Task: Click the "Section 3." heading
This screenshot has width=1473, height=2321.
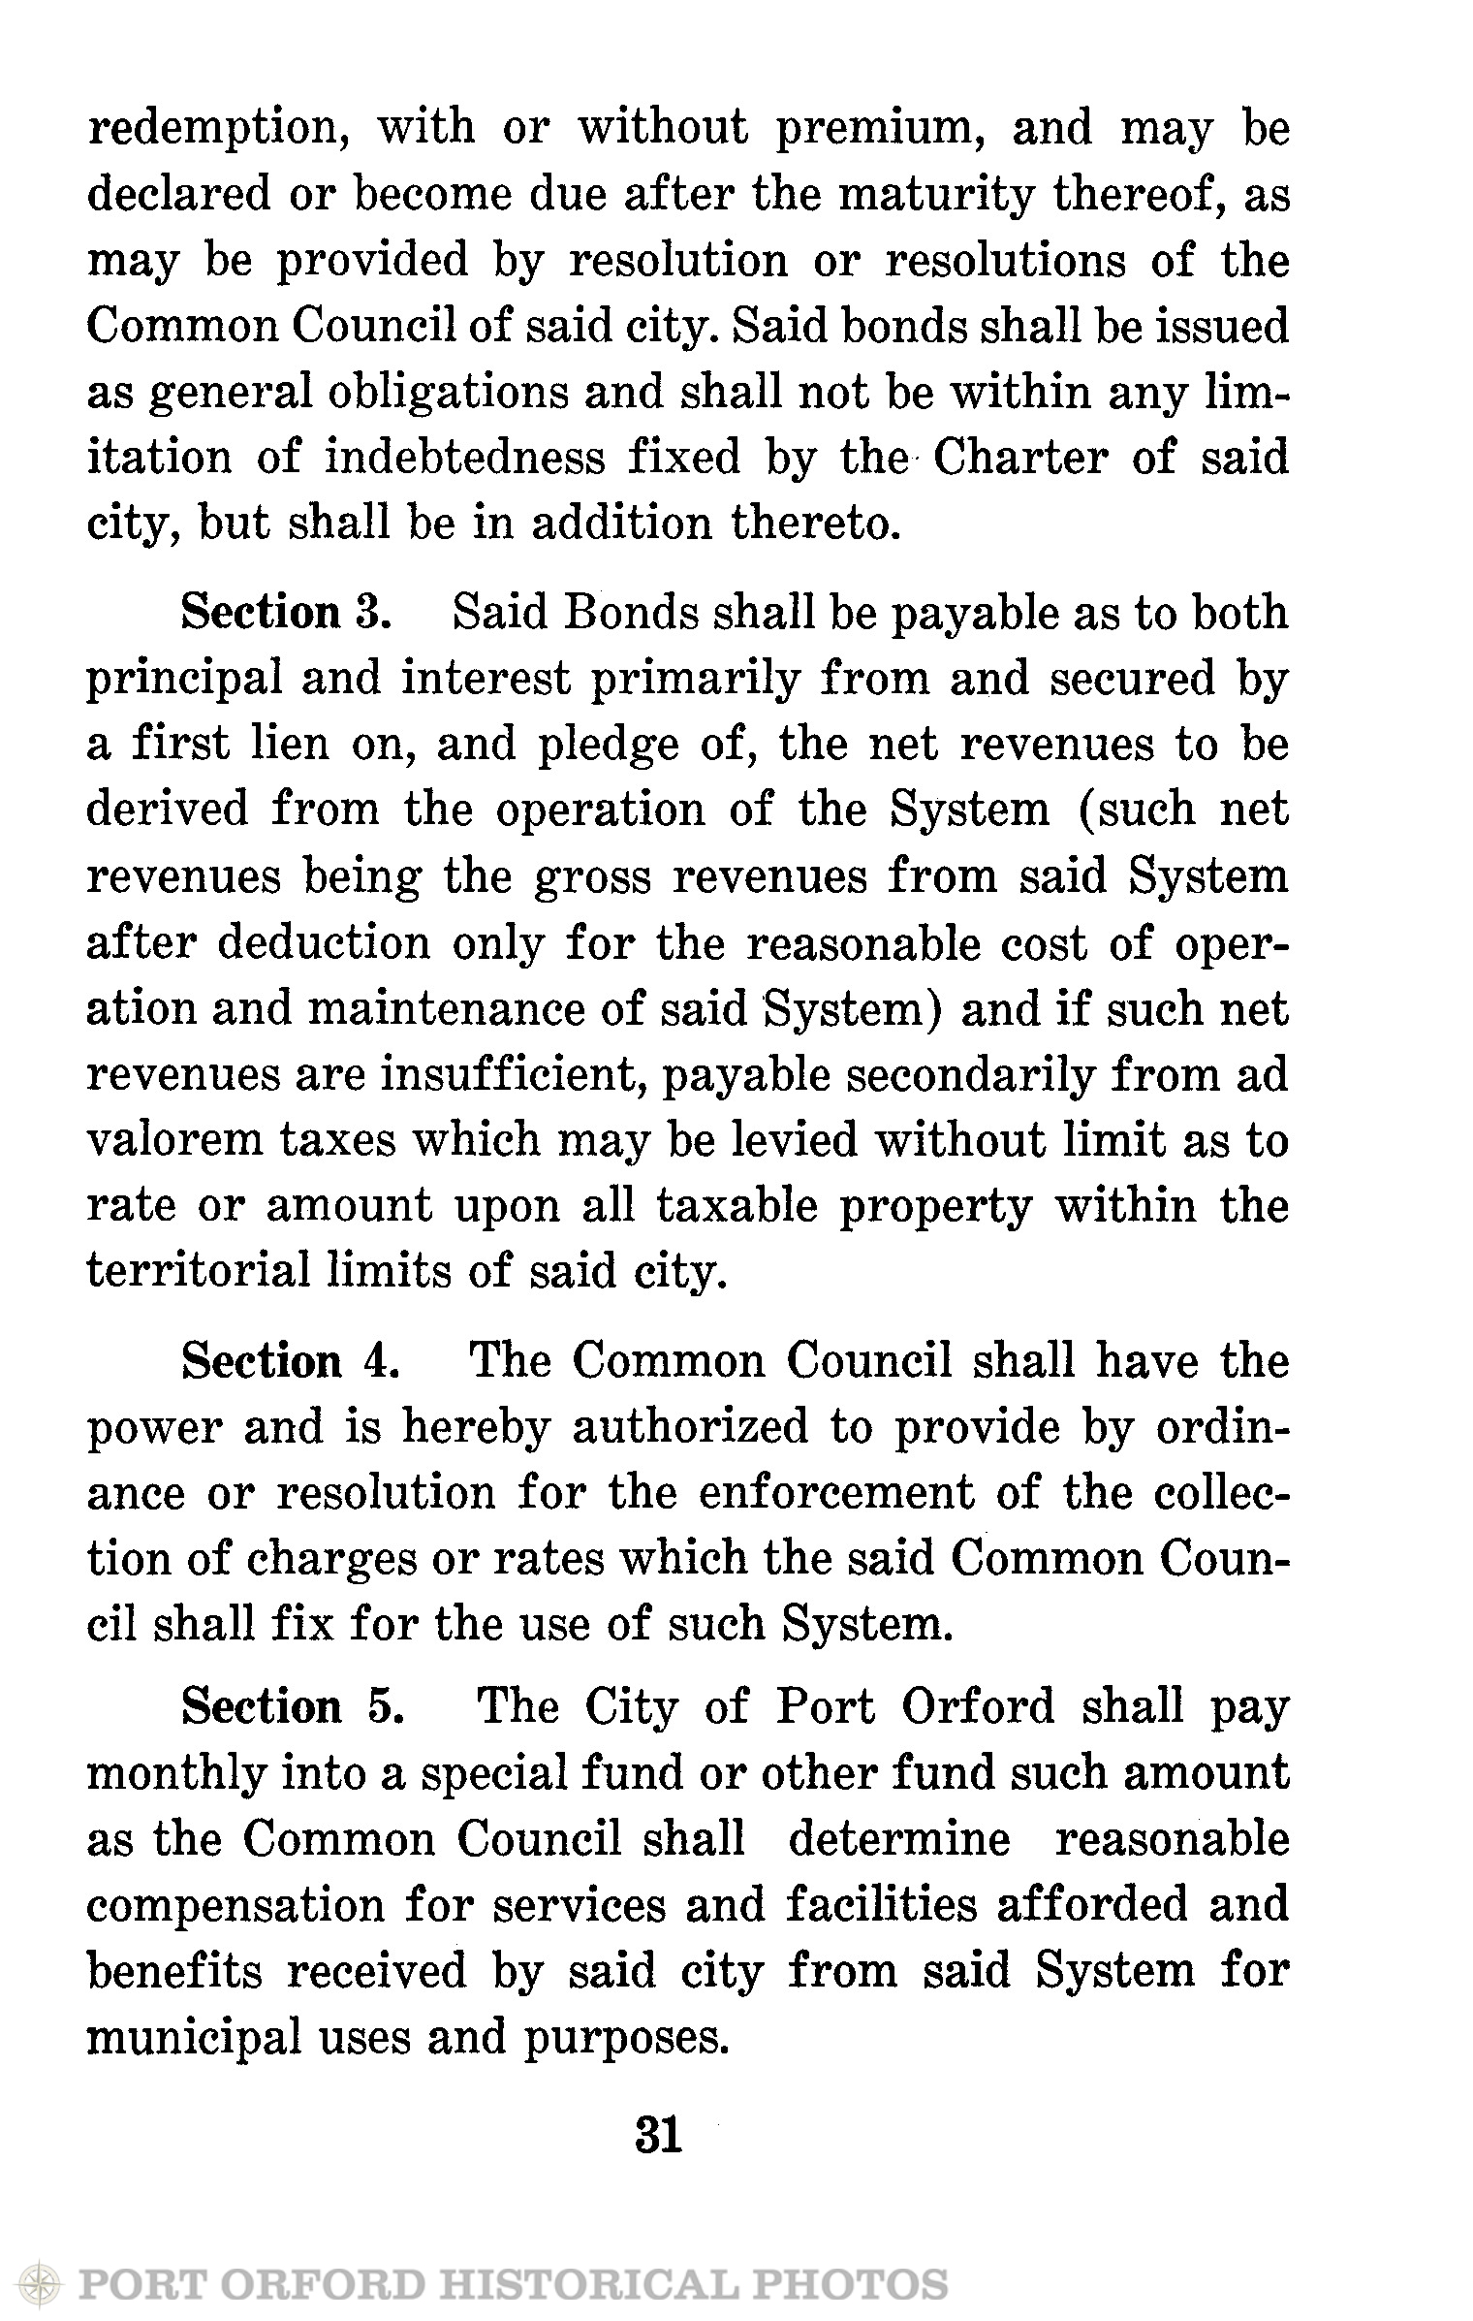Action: pos(287,614)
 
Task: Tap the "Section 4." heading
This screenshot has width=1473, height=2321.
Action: pos(291,1362)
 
